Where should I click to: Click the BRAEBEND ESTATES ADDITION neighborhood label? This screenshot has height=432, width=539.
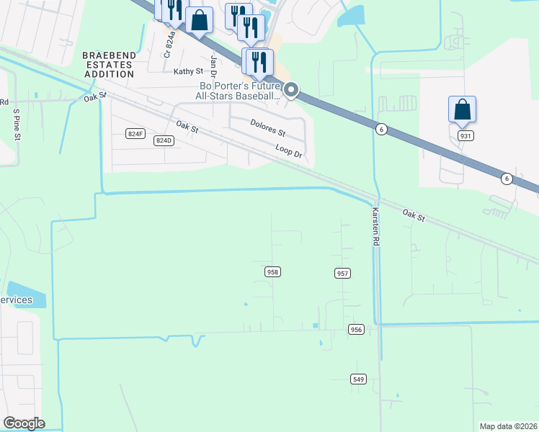107,64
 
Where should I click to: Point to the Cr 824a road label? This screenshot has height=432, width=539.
170,43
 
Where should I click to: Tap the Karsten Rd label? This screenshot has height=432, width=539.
375,228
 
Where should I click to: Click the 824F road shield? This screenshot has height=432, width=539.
135,134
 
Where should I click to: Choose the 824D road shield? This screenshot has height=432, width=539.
164,140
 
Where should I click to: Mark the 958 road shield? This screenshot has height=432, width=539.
272,271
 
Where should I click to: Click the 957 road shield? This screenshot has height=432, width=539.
342,273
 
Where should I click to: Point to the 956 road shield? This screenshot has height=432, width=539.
356,329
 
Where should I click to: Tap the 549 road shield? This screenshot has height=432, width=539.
359,379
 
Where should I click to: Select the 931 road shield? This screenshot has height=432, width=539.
465,135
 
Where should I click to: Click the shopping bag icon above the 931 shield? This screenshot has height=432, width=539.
462,110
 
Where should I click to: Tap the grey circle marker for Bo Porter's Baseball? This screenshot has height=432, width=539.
291,90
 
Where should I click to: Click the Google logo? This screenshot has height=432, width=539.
24,423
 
